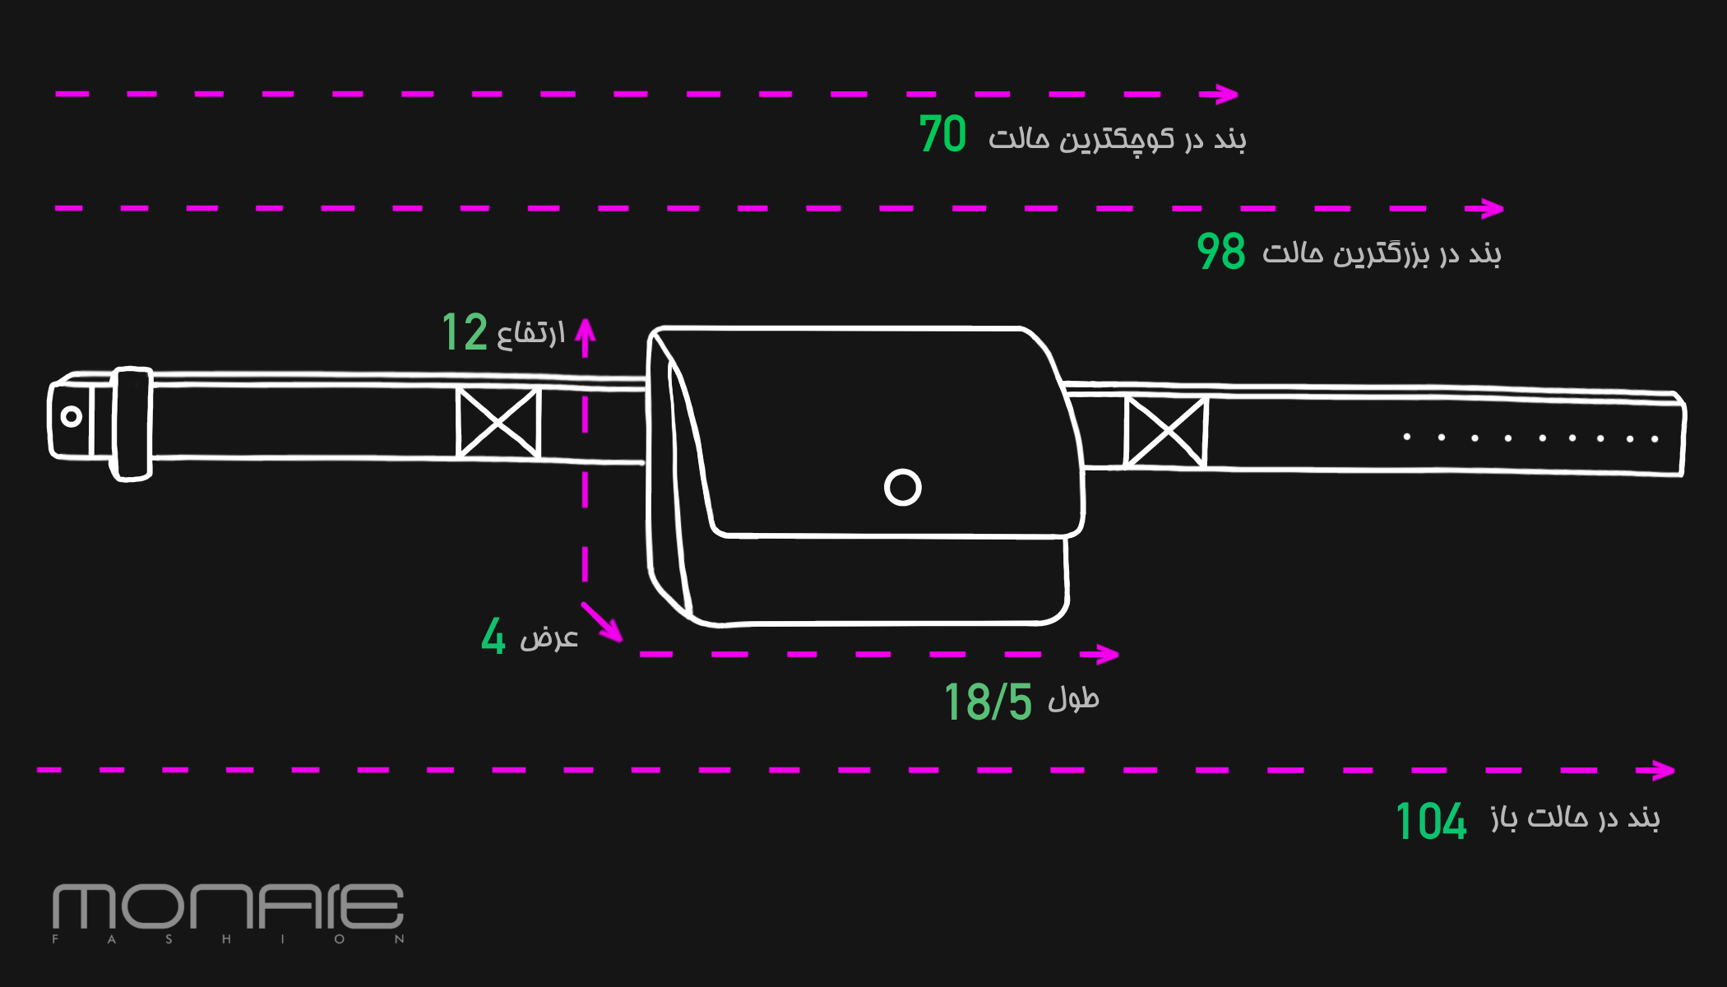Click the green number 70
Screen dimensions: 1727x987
pyautogui.click(x=942, y=134)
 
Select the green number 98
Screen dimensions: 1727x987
pyautogui.click(x=1221, y=251)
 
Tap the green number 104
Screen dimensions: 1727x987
pyautogui.click(x=1431, y=821)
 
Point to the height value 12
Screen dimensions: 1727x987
pyautogui.click(x=465, y=331)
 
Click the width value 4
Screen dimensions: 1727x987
pyautogui.click(x=493, y=636)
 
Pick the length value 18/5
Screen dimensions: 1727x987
pyautogui.click(x=988, y=702)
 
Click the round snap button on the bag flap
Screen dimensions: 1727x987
pyautogui.click(x=902, y=487)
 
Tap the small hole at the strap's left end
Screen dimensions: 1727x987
pyautogui.click(x=72, y=416)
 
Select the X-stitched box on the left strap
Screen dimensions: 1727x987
pyautogui.click(x=498, y=423)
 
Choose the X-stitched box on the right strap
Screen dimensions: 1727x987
pyautogui.click(x=1165, y=432)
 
